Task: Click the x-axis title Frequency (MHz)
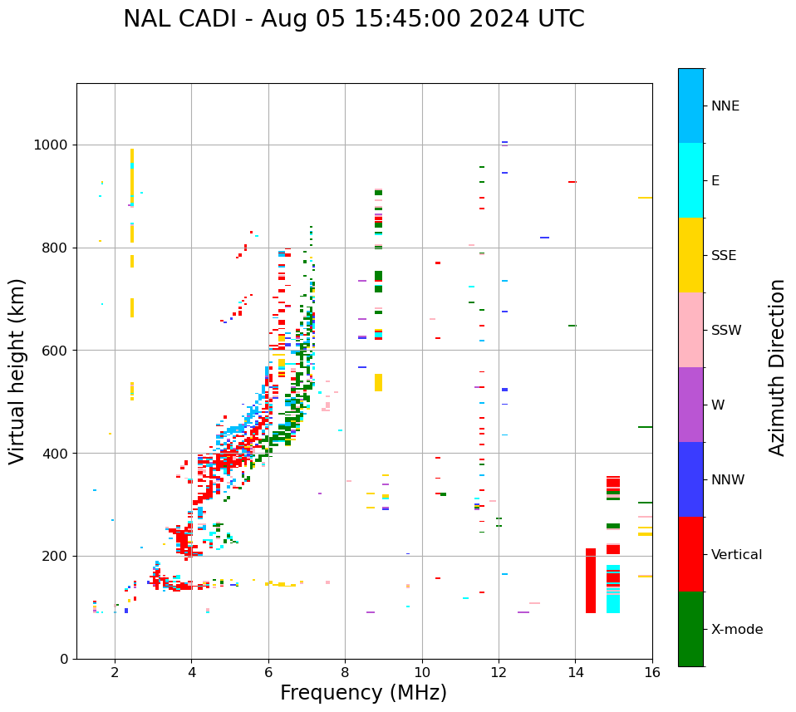(363, 693)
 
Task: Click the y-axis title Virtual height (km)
(17, 371)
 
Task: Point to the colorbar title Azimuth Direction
(777, 367)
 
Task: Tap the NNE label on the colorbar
(725, 106)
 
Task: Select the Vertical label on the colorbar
(736, 555)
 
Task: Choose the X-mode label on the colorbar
(736, 630)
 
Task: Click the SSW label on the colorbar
(726, 331)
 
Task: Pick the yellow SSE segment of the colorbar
(690, 255)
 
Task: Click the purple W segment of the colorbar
(690, 405)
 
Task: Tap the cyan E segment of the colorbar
(690, 180)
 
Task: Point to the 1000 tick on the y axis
(53, 145)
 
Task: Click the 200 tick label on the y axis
(57, 557)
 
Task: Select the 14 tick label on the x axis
(575, 672)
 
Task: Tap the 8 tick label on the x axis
(345, 672)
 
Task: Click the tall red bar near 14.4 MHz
(591, 581)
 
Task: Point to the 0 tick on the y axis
(64, 659)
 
